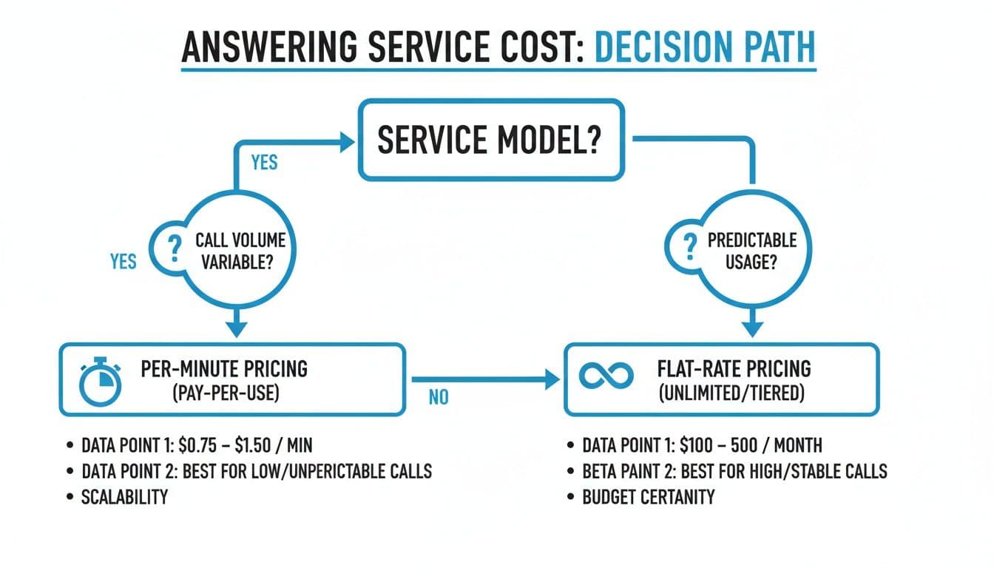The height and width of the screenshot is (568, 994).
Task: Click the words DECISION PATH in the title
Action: point(704,47)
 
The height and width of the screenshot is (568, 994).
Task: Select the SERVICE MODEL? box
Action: point(490,141)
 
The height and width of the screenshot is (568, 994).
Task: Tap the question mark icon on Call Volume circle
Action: point(175,250)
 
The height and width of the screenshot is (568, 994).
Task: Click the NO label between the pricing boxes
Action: point(439,398)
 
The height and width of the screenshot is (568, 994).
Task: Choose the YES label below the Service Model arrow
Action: point(264,162)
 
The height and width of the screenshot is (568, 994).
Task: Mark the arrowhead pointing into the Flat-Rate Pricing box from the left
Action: point(552,380)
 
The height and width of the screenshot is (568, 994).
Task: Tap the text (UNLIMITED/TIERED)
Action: point(730,393)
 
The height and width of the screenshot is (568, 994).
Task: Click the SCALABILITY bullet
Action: point(124,496)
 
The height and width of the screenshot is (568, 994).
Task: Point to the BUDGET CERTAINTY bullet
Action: point(649,496)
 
